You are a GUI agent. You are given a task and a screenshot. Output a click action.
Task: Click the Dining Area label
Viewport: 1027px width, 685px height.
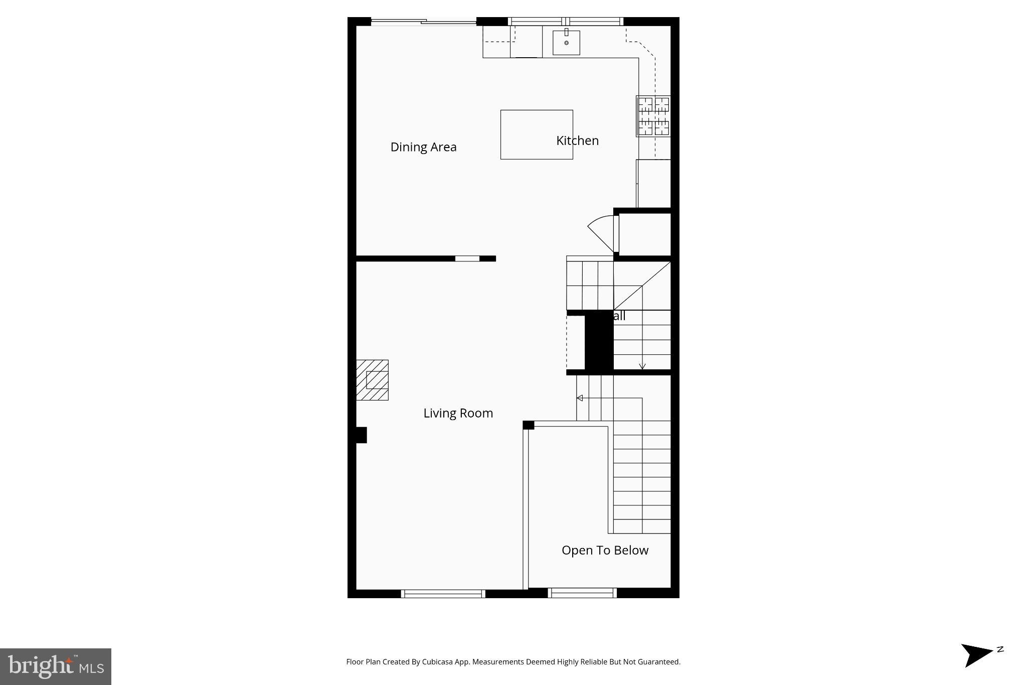pyautogui.click(x=423, y=147)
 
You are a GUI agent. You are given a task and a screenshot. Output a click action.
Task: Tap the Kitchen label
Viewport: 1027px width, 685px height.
pyautogui.click(x=577, y=141)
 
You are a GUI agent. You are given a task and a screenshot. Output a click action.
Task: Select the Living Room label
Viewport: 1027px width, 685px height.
pyautogui.click(x=458, y=413)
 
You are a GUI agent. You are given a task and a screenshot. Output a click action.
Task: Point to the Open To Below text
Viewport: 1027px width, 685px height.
pyautogui.click(x=605, y=551)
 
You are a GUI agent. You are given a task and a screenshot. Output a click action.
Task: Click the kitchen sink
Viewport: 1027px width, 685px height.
pyautogui.click(x=566, y=43)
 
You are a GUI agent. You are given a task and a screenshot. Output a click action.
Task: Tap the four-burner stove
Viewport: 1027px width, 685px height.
pyautogui.click(x=653, y=116)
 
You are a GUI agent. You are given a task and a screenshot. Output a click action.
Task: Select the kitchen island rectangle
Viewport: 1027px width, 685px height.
pyautogui.click(x=536, y=134)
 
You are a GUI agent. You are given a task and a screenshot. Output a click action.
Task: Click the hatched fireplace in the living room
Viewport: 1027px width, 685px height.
pyautogui.click(x=372, y=380)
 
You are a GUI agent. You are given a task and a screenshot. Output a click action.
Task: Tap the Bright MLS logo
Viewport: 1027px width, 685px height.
pyautogui.click(x=56, y=666)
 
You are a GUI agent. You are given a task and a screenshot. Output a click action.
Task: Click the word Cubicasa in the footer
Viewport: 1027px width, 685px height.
pyautogui.click(x=435, y=662)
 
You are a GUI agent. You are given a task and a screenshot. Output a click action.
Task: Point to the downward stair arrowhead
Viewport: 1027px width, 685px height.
pyautogui.click(x=642, y=366)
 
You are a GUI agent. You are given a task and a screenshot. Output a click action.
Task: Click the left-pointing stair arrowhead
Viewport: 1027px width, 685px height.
pyautogui.click(x=579, y=398)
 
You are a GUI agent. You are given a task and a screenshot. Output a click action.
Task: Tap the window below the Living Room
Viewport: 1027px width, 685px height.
pyautogui.click(x=443, y=594)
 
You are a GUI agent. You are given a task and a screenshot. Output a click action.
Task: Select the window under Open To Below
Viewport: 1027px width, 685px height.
pyautogui.click(x=582, y=594)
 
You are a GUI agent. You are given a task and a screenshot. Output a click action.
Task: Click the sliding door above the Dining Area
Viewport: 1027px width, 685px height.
pyautogui.click(x=424, y=22)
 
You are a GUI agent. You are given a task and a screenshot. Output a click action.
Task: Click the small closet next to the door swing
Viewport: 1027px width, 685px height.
pyautogui.click(x=644, y=234)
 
